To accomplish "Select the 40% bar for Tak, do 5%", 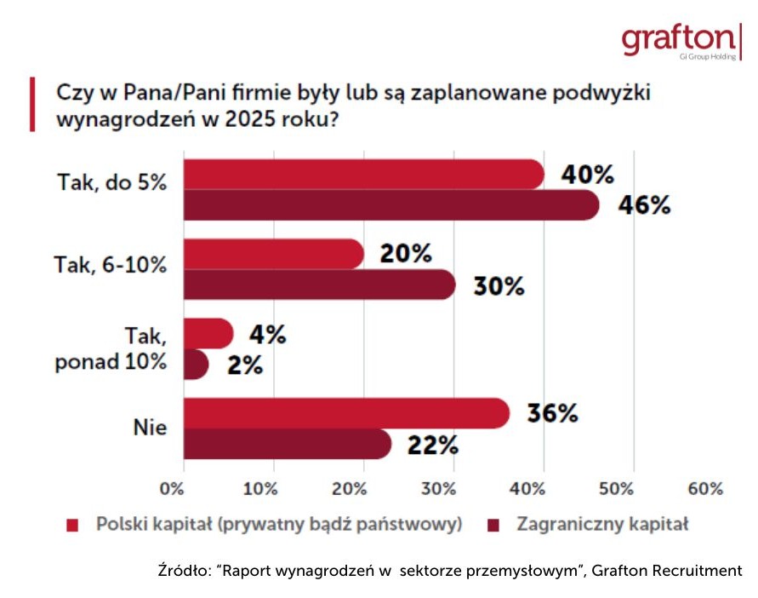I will coord(364,175).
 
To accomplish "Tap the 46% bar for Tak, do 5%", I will coord(391,205).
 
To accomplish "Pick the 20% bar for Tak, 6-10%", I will coord(274,254).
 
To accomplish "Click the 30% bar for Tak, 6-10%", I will coord(319,285).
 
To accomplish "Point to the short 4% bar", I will coord(207,333).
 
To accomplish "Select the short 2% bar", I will coord(196,364).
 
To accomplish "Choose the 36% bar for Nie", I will coord(346,413).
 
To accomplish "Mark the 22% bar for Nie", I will coord(288,444).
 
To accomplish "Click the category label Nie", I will coord(150,428).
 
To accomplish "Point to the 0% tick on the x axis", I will coord(173,489).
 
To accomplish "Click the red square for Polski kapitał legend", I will coord(72,524).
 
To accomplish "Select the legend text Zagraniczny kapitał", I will coord(601,524).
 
